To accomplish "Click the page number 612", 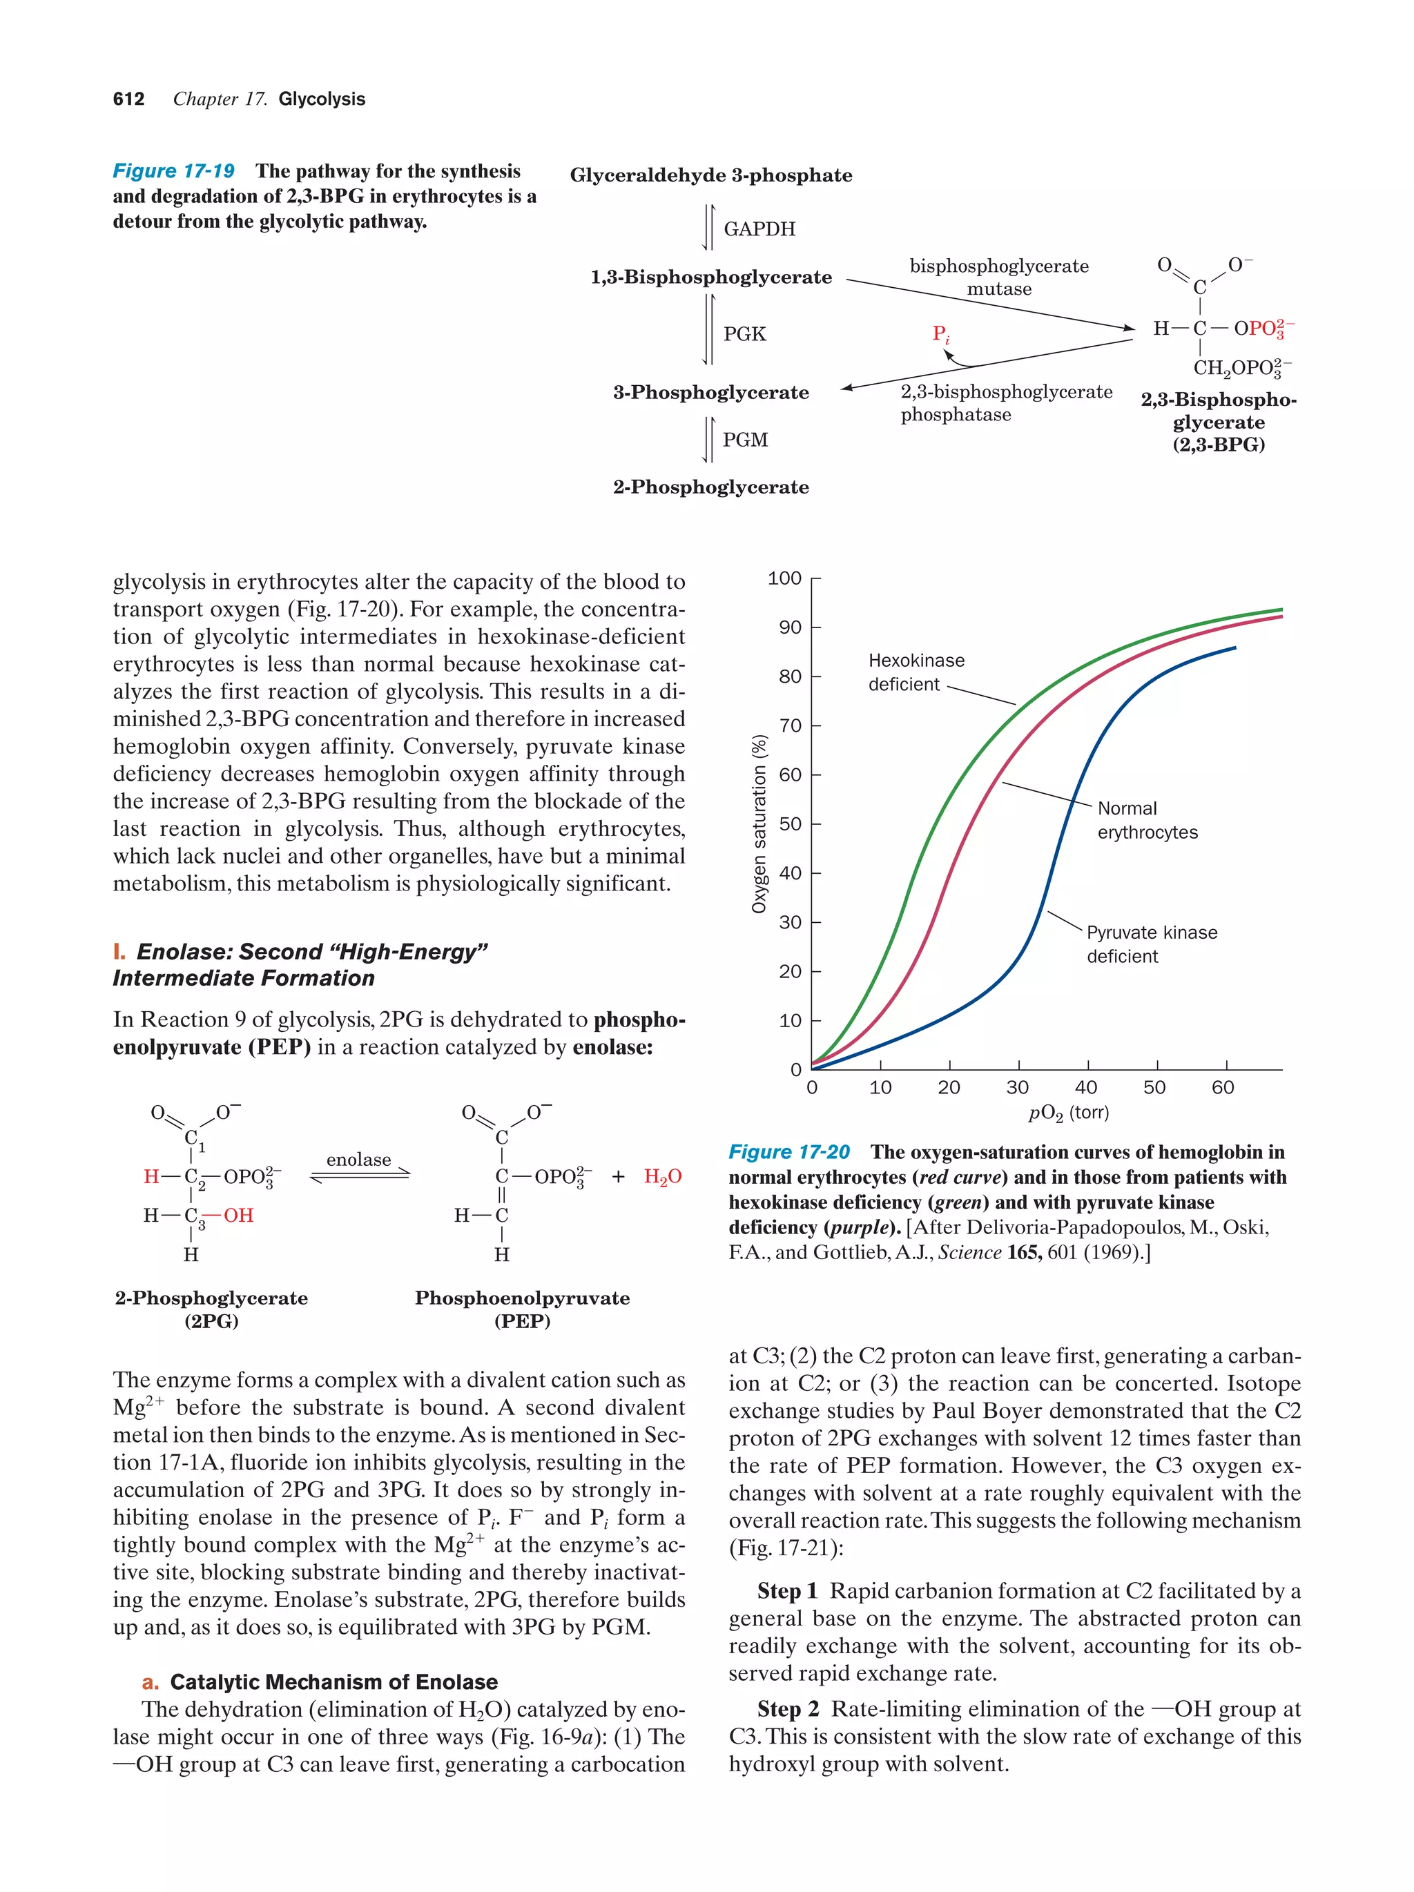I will click(x=128, y=99).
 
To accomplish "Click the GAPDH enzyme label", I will click(x=759, y=228).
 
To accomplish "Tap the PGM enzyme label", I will click(x=745, y=440).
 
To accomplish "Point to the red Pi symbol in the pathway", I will click(x=940, y=333).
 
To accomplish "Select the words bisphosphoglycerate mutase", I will click(x=998, y=277).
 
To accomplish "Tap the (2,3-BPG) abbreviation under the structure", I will click(x=1218, y=445).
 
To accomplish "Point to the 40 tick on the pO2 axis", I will click(x=1085, y=1087).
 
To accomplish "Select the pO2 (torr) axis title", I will click(x=1067, y=1113).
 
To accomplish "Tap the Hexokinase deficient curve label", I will click(x=916, y=672).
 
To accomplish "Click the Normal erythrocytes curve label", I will click(x=1147, y=820).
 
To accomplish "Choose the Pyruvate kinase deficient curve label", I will click(x=1150, y=944).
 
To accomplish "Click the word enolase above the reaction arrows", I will click(x=358, y=1159).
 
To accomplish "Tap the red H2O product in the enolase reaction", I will click(x=662, y=1177).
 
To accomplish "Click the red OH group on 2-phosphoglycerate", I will click(x=238, y=1216).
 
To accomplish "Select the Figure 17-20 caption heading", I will click(x=788, y=1152).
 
